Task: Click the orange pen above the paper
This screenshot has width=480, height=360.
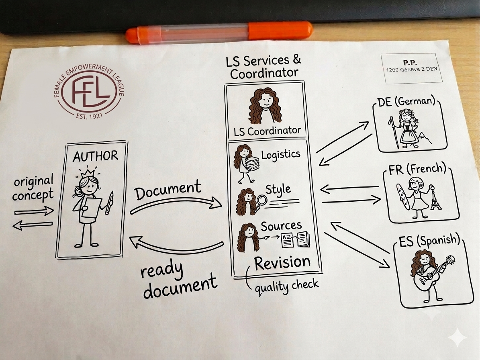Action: click(219, 32)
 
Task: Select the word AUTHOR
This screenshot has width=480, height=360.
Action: click(95, 156)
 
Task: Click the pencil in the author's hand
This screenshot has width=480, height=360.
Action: click(109, 202)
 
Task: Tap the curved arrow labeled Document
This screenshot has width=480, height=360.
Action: click(176, 205)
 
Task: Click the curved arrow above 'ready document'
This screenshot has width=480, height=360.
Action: click(176, 245)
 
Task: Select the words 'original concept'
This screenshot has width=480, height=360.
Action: click(33, 188)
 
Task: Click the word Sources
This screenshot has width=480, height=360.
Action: click(281, 226)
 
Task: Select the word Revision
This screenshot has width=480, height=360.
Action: click(282, 263)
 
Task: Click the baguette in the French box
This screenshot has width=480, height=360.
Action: click(403, 196)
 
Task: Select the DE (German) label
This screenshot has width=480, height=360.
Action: click(406, 101)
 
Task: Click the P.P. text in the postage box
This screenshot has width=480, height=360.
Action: click(410, 62)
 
